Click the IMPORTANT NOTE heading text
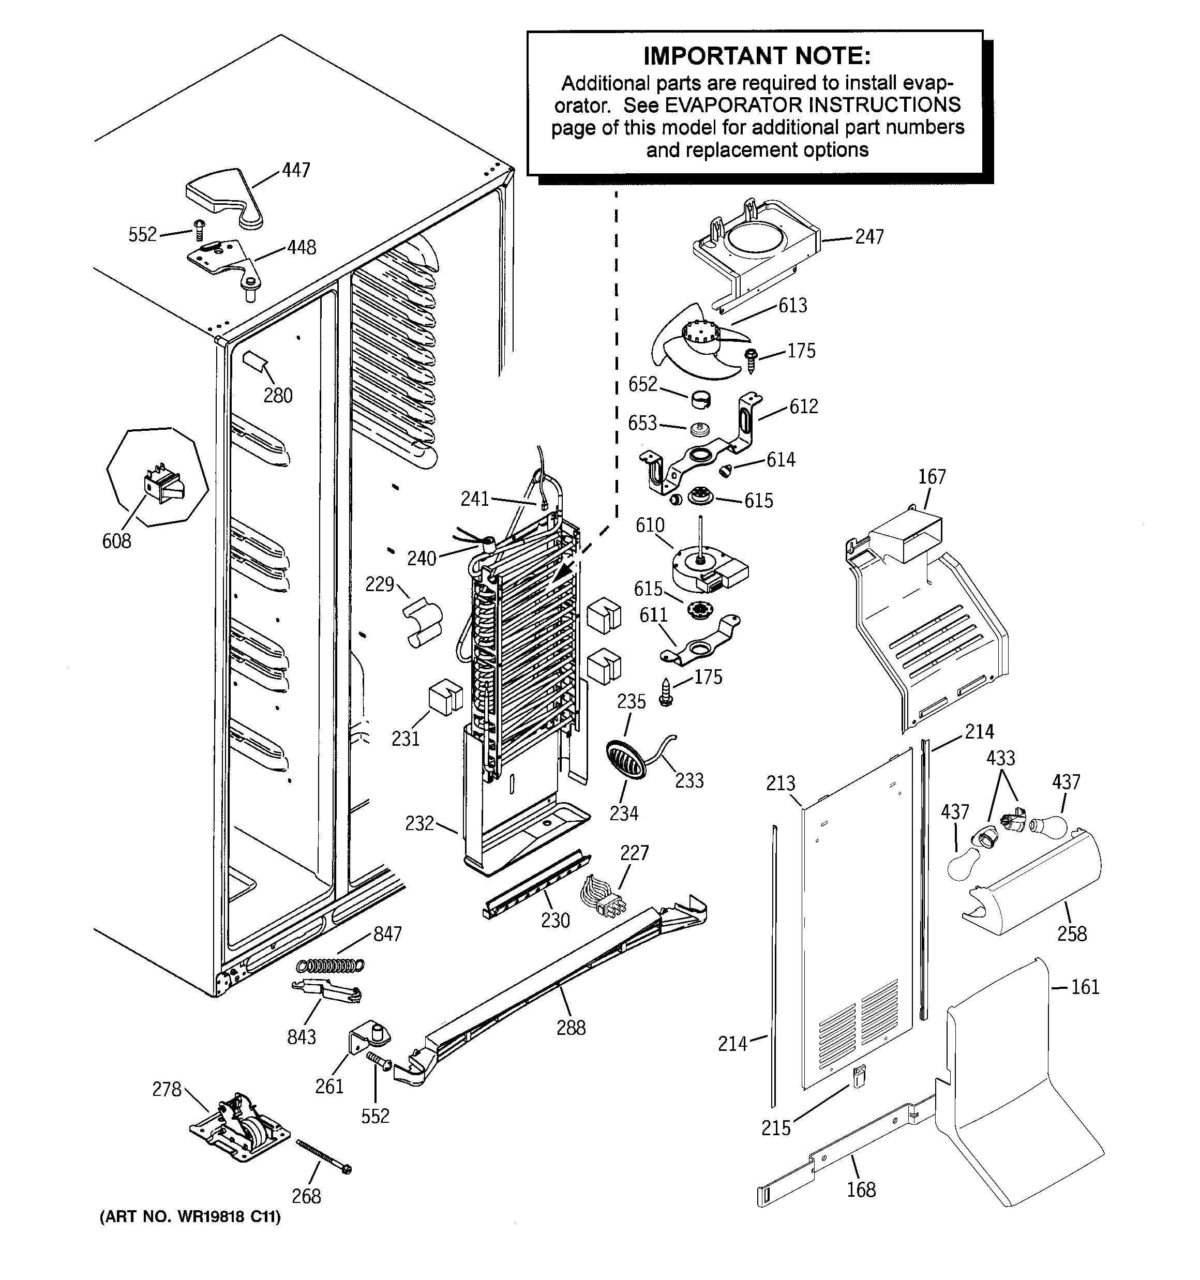coord(756,56)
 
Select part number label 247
coord(869,237)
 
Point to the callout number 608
coord(116,541)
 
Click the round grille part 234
coord(625,760)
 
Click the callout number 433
coord(1000,759)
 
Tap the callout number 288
coord(571,1028)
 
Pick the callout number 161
coord(1085,987)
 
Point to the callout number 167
coord(932,477)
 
